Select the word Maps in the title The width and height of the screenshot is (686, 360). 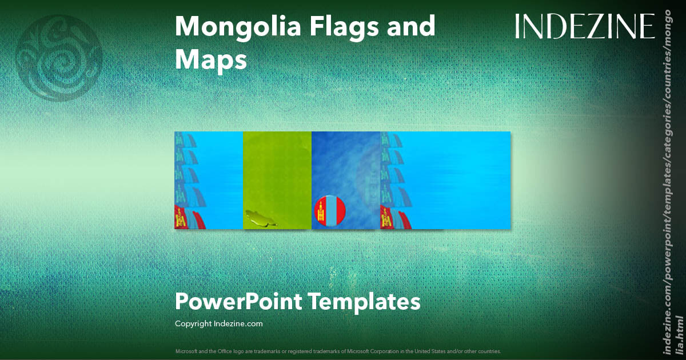211,59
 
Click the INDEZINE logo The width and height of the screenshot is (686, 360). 584,26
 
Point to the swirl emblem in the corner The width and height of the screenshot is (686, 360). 59,58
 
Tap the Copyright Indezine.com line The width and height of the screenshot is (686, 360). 218,323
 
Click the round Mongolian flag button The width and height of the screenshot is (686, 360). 330,212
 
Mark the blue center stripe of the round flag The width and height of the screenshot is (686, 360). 330,212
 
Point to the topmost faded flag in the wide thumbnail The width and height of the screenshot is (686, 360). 388,141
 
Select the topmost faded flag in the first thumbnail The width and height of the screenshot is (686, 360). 181,141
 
